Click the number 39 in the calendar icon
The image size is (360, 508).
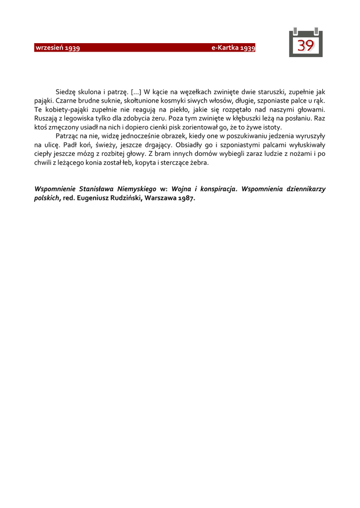pyautogui.click(x=305, y=46)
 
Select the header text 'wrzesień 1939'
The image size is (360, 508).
pyautogui.click(x=58, y=48)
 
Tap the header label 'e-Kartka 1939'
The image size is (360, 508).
pyautogui.click(x=233, y=48)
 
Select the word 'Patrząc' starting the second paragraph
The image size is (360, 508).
pyautogui.click(x=67, y=136)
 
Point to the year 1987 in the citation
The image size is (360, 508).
pyautogui.click(x=186, y=198)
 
